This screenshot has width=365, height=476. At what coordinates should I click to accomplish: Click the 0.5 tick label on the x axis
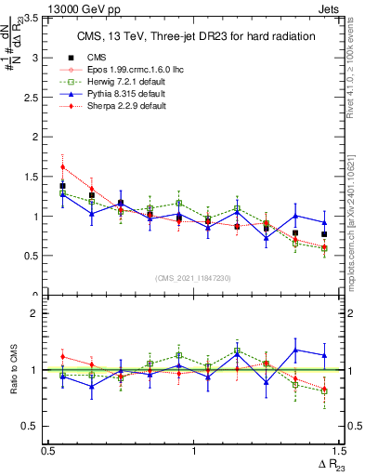click(48, 450)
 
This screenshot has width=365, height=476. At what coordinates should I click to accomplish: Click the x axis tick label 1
click(193, 450)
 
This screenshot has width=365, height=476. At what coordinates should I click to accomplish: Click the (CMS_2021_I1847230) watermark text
click(193, 278)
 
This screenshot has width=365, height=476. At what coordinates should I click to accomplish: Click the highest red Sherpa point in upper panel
click(62, 167)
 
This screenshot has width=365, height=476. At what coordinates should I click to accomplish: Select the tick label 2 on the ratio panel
click(38, 313)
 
